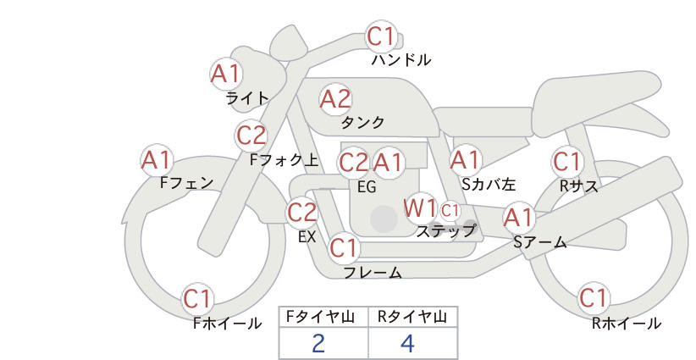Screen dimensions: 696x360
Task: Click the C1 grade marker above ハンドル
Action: [381, 36]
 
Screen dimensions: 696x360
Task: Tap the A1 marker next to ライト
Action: [226, 73]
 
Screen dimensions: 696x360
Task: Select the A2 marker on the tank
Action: [335, 99]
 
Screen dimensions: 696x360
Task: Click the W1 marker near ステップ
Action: [420, 208]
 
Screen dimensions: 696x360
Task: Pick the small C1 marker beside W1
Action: [450, 210]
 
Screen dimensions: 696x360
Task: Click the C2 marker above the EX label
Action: [301, 212]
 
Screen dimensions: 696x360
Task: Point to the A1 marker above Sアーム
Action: [518, 218]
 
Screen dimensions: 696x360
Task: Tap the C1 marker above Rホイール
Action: [594, 297]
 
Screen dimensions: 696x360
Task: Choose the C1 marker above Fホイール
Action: [196, 299]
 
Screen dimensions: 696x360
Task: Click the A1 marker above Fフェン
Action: [157, 160]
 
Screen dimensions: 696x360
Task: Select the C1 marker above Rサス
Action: [567, 162]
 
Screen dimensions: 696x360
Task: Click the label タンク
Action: [362, 123]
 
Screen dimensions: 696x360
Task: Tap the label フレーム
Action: [373, 272]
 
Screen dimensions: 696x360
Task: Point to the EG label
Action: [367, 187]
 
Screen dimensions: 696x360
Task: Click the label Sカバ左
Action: [489, 184]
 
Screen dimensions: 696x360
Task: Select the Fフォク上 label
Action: [284, 160]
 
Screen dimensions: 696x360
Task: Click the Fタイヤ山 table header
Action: [320, 317]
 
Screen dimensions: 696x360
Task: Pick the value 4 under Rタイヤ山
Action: [407, 343]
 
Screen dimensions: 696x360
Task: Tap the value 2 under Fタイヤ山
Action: [318, 343]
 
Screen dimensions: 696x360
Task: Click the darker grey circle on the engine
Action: [384, 219]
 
